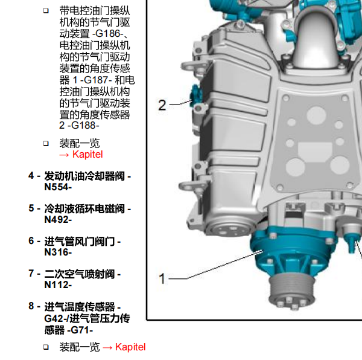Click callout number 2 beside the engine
click(x=162, y=105)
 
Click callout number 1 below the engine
click(x=162, y=278)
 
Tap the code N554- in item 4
click(x=58, y=187)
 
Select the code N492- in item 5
click(x=58, y=219)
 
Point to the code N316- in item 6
click(x=58, y=252)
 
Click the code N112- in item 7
click(x=58, y=285)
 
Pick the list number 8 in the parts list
click(x=31, y=306)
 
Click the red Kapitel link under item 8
click(x=130, y=347)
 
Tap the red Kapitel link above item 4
click(x=87, y=155)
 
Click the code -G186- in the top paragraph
click(x=108, y=34)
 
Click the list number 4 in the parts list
click(x=31, y=176)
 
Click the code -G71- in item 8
click(x=80, y=330)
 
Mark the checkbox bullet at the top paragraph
click(x=46, y=11)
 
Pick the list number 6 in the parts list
click(x=31, y=241)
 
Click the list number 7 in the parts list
click(x=31, y=274)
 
